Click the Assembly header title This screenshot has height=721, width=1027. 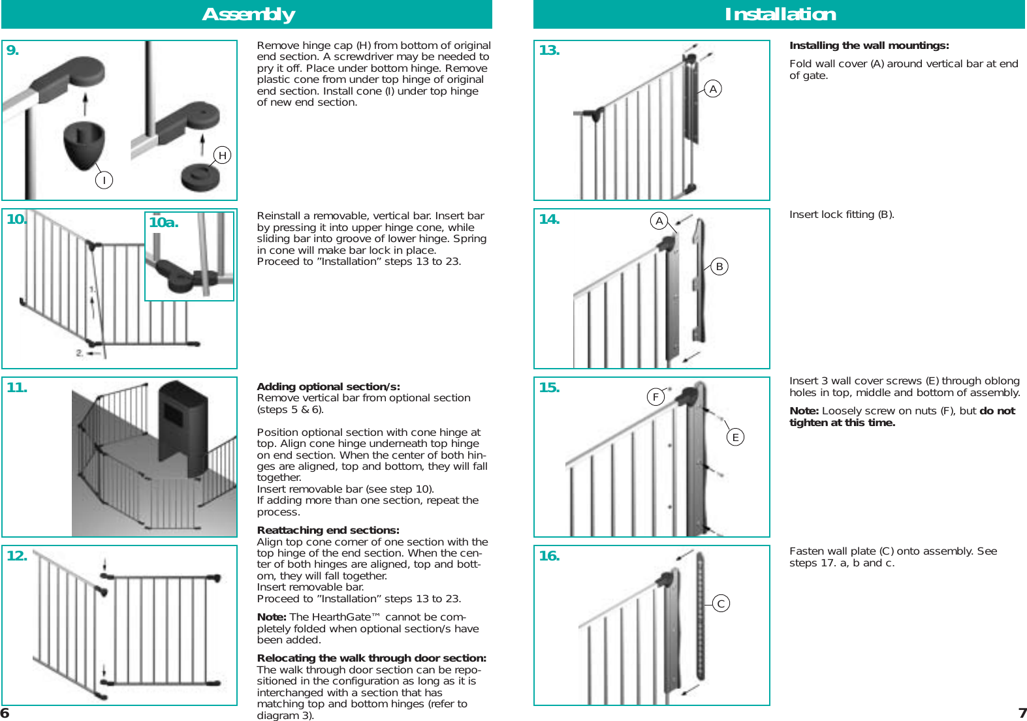[x=248, y=14]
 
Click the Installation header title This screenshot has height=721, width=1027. [x=780, y=14]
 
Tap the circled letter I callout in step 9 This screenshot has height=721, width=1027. [x=104, y=179]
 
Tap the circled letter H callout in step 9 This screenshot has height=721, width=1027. [x=223, y=155]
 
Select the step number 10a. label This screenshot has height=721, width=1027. [x=163, y=222]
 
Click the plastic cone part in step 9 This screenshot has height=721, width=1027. [x=84, y=144]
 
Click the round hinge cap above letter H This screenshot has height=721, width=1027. [x=200, y=177]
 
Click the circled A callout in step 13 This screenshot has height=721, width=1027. [x=713, y=89]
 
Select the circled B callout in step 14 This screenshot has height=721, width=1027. [x=719, y=266]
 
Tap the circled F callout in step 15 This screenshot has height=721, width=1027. [x=656, y=397]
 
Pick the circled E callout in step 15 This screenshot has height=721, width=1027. [x=735, y=437]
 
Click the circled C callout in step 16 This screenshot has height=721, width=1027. [x=721, y=604]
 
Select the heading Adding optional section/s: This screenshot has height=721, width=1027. [x=328, y=386]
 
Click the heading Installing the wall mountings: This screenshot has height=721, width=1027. [x=868, y=46]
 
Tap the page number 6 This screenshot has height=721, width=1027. [x=5, y=713]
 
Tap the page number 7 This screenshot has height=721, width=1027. [x=1022, y=713]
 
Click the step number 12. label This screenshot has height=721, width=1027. [x=17, y=556]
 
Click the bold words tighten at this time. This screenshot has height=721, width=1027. [x=842, y=423]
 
